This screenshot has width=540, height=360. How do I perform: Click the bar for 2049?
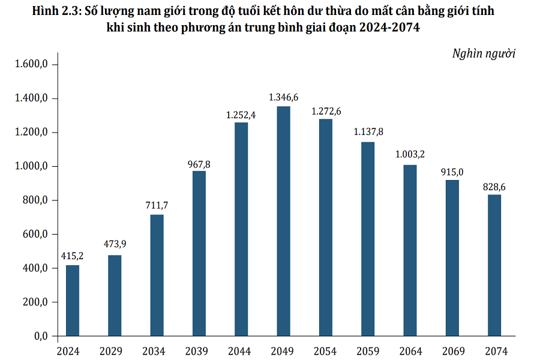point(283,221)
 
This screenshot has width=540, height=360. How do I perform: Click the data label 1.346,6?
point(283,97)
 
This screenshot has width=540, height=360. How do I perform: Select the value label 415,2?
point(73,256)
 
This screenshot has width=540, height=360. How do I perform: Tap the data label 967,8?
point(199,163)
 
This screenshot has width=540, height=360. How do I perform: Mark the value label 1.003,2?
point(410,155)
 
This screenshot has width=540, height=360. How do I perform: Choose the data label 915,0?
point(452,171)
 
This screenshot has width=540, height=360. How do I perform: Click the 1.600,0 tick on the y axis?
point(31,64)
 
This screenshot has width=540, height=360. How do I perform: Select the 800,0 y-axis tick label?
point(35,200)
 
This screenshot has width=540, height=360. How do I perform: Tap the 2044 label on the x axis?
point(241,351)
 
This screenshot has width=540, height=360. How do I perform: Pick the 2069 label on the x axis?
point(452,351)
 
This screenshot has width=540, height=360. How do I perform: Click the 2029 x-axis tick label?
point(115,351)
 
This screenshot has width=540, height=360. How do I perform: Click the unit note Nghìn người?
point(484,53)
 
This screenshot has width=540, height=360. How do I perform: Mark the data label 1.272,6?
point(325,111)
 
